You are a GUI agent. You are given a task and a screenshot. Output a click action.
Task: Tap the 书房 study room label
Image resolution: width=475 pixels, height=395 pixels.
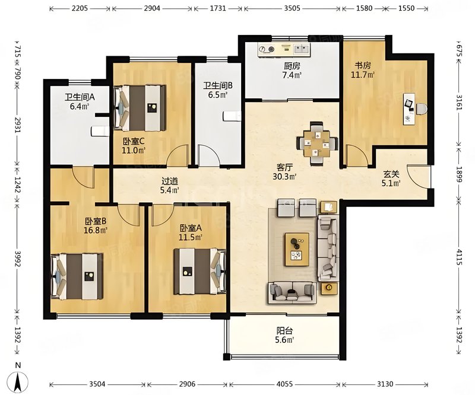click(x=363, y=65)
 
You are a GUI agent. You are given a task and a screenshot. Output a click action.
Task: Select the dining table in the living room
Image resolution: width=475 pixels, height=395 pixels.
click(x=317, y=143)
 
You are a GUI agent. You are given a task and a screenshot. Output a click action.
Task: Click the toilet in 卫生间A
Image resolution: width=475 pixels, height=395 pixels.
click(x=100, y=131)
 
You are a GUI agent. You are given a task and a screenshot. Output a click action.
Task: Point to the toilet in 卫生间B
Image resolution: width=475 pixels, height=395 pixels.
click(x=232, y=116)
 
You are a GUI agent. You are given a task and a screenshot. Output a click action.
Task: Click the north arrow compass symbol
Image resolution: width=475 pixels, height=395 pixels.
click(x=18, y=381)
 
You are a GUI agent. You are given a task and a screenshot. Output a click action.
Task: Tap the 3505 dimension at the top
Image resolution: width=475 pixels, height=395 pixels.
click(x=292, y=8)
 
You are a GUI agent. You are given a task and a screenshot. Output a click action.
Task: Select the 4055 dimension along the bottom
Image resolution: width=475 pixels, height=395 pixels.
click(x=285, y=384)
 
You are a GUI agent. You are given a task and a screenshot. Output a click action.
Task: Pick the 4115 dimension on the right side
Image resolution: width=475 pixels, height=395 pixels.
click(x=459, y=257)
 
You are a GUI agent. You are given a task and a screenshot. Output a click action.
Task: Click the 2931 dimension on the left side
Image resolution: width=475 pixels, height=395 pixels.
click(x=17, y=125)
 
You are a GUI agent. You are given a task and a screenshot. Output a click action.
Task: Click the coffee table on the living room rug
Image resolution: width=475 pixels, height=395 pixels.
click(x=297, y=250)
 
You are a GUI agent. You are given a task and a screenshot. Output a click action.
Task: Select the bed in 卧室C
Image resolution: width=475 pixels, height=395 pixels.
click(x=140, y=108)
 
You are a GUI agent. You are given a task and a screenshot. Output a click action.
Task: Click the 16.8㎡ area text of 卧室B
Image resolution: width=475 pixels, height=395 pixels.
click(x=96, y=230)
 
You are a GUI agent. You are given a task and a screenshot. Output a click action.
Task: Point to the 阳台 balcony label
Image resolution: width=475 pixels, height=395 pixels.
click(x=284, y=331)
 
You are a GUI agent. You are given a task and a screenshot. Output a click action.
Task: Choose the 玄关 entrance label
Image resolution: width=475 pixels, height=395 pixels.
click(x=391, y=174)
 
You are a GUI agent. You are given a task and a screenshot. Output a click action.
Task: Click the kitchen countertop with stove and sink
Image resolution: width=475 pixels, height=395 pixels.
click(x=284, y=49)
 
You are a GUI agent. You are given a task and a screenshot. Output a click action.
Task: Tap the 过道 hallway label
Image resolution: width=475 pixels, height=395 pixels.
click(x=169, y=181)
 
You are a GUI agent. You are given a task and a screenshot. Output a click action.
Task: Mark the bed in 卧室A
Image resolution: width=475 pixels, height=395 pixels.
click(x=199, y=271)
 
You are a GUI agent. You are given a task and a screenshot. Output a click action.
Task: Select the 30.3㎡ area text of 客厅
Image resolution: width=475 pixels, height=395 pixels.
click(x=284, y=177)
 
